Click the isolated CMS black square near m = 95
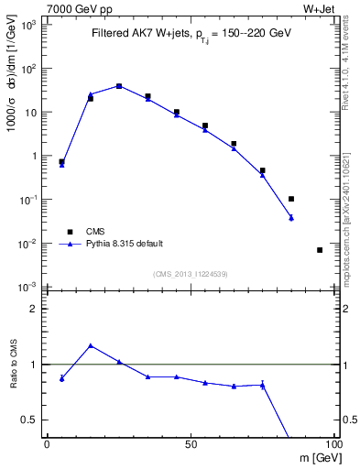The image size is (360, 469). pyautogui.click(x=320, y=250)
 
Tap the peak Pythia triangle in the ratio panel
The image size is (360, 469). pyautogui.click(x=90, y=345)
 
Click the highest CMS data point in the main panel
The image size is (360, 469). pyautogui.click(x=119, y=86)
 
